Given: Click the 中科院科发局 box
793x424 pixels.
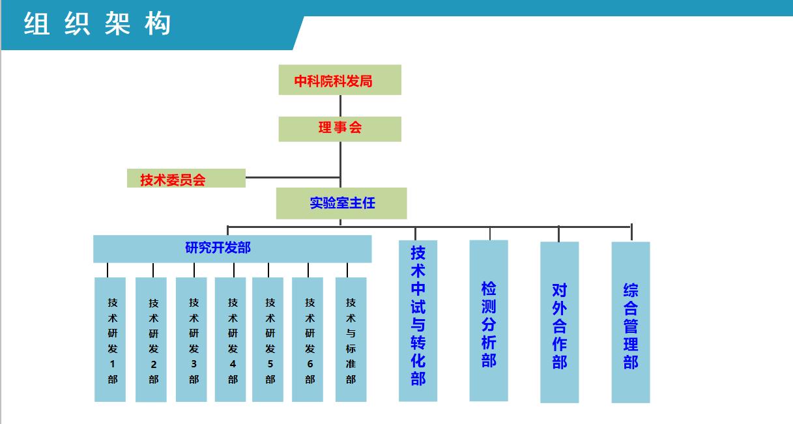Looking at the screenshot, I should [x=339, y=80].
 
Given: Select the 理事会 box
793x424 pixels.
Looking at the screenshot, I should [x=339, y=128].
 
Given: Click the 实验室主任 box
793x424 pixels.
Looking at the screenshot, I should [x=341, y=203].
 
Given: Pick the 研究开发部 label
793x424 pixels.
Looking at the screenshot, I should [x=218, y=247].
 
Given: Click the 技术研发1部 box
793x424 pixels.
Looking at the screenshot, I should [x=110, y=339].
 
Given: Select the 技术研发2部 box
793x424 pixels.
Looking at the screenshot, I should [x=151, y=339].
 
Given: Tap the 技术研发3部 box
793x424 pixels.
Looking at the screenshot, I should [x=192, y=339].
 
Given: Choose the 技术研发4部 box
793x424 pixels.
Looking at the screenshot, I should [x=231, y=339].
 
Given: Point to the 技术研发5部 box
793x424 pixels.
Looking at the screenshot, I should [x=268, y=339].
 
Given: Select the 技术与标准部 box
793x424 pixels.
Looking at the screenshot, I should [x=351, y=339].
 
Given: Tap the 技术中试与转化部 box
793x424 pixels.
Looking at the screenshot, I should [x=418, y=320].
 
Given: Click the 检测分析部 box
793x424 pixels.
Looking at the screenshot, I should [x=489, y=320].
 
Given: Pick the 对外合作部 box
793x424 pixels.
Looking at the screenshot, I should [x=559, y=322].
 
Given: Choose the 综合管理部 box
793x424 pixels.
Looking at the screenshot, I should [x=630, y=322].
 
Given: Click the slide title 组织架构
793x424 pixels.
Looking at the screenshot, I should [x=98, y=25].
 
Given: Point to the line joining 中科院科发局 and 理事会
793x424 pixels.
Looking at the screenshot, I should [x=340, y=106].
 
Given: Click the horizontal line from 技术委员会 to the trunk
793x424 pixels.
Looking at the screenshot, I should [x=293, y=177].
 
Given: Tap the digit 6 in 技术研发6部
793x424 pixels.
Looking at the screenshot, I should [x=310, y=363].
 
